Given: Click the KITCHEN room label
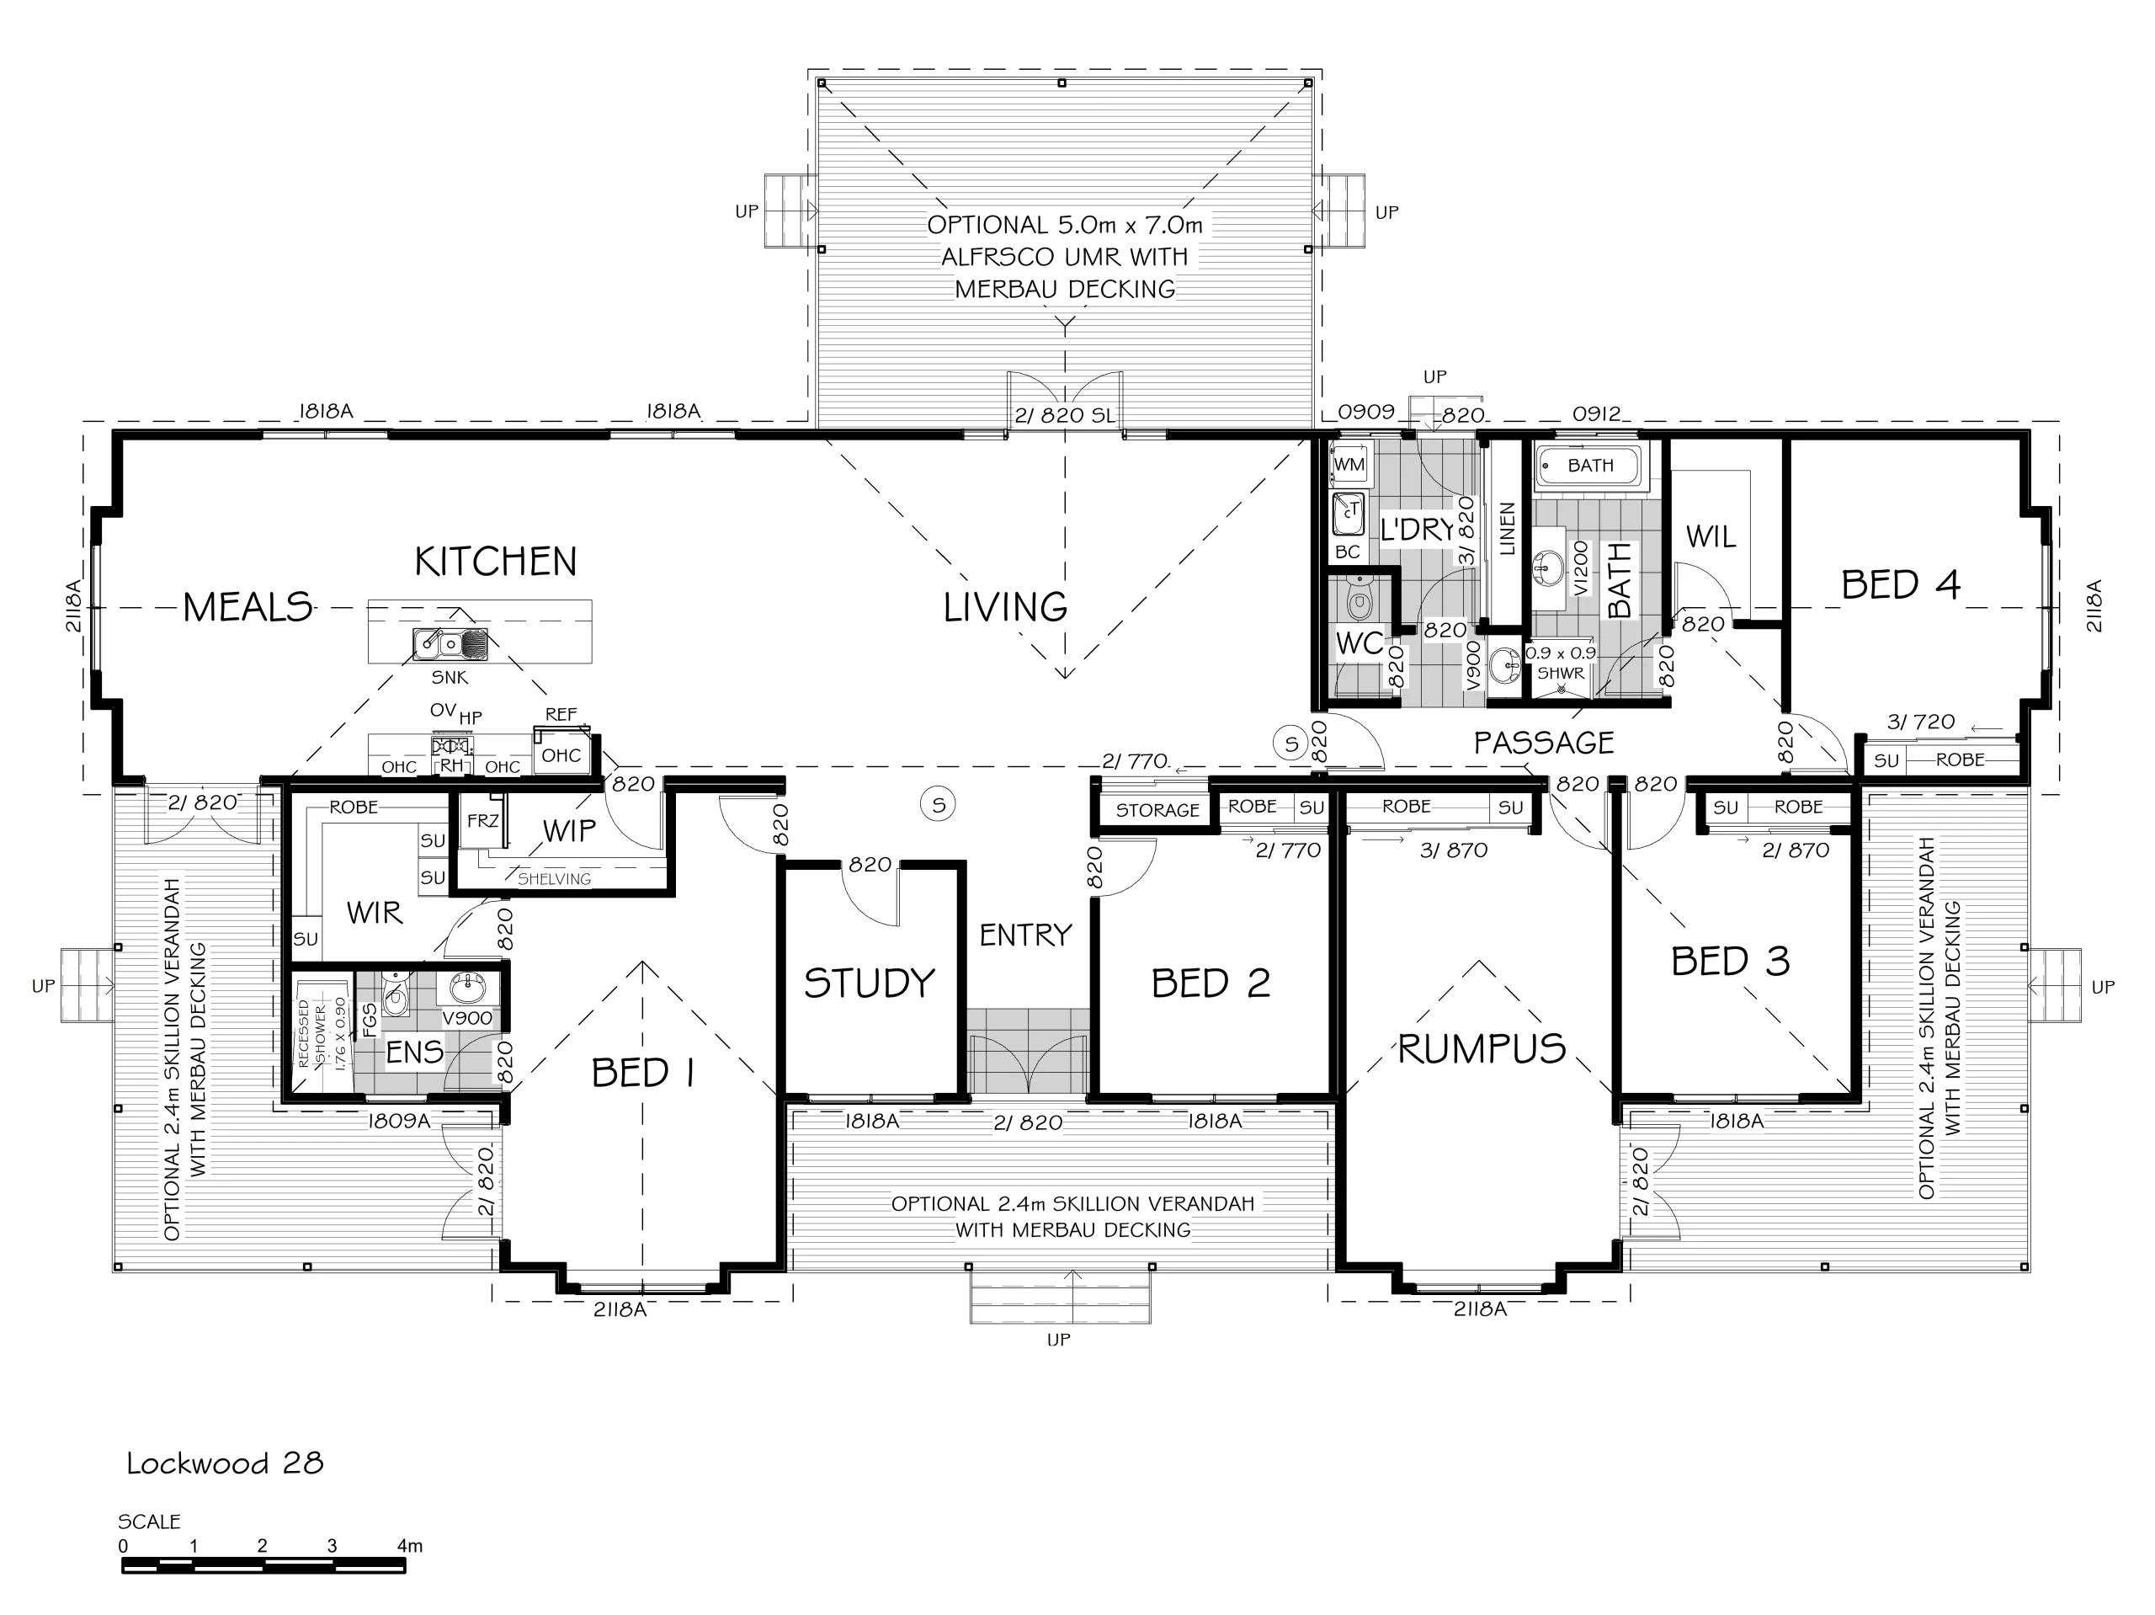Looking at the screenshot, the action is click(x=496, y=562).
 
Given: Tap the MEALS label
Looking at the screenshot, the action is click(x=247, y=607).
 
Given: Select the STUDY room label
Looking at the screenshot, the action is click(x=869, y=983).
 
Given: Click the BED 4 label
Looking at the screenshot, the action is click(x=1901, y=585).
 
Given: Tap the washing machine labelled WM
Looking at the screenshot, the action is click(x=1349, y=464).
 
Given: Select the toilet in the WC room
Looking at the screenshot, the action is click(x=1358, y=599).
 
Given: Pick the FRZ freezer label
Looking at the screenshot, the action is click(x=482, y=822).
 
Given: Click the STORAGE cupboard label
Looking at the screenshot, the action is click(x=1157, y=810).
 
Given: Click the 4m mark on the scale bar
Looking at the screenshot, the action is click(x=410, y=1546).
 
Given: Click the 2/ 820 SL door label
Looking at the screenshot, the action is click(x=1064, y=415).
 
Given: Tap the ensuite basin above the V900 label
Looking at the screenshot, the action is click(x=468, y=989).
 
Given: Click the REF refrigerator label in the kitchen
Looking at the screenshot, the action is click(x=561, y=714).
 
